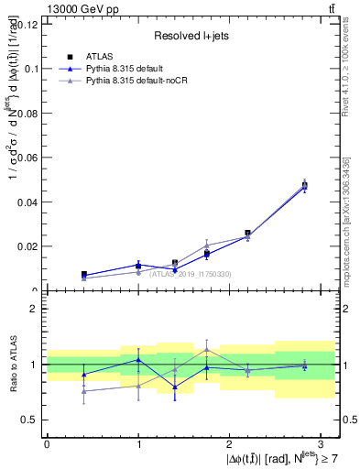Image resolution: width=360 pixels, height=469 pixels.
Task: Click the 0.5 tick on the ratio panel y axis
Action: click(x=28, y=420)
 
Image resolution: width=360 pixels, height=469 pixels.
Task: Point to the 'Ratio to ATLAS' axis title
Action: click(x=11, y=364)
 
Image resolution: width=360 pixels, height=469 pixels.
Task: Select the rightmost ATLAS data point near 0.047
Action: click(x=304, y=185)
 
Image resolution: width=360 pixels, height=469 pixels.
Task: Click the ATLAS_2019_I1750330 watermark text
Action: click(x=191, y=274)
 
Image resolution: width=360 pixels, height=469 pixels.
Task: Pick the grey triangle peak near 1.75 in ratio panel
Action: click(x=207, y=349)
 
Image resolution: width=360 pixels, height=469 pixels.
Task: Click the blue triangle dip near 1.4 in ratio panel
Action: click(x=175, y=387)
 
